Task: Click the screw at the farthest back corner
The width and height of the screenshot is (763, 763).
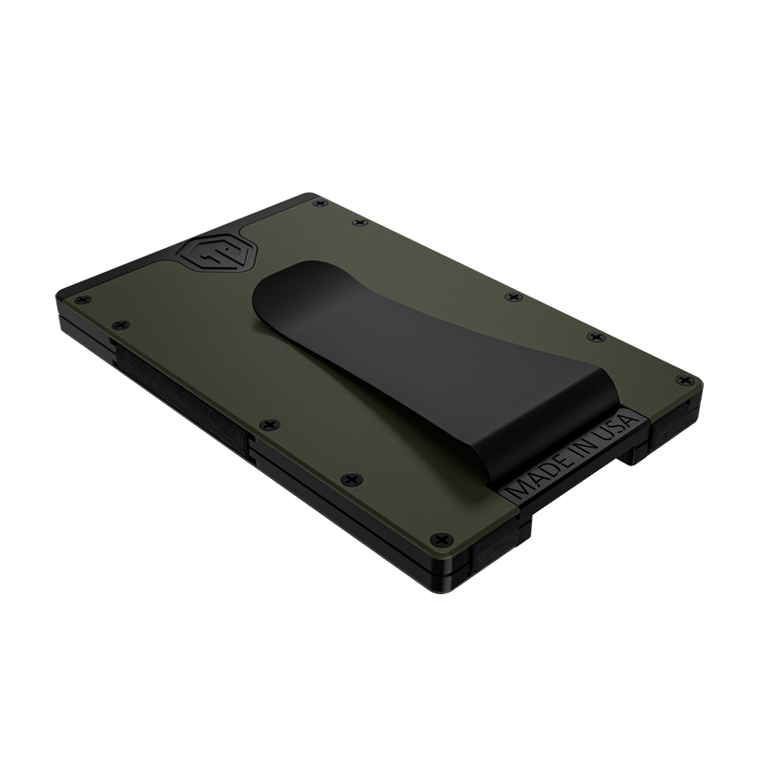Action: (320, 203)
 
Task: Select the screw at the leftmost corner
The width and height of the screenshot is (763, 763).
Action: (83, 300)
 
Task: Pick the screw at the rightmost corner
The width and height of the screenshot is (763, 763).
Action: (684, 380)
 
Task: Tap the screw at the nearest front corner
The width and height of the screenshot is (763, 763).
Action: (442, 539)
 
